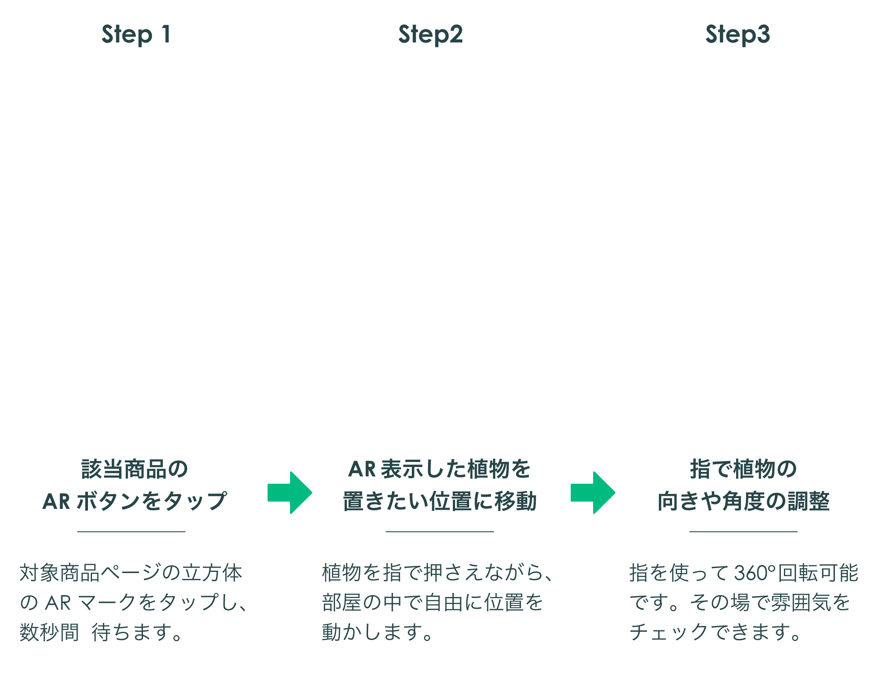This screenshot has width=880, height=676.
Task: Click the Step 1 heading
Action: click(x=136, y=35)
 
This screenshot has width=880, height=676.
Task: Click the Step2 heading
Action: click(x=430, y=35)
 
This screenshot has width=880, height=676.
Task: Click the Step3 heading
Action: click(x=737, y=35)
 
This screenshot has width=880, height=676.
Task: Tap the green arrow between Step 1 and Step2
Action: click(x=290, y=493)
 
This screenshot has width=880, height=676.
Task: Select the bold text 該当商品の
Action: click(x=134, y=469)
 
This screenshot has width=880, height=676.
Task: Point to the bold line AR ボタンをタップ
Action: click(x=134, y=501)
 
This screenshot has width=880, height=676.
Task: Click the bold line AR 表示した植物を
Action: click(x=439, y=469)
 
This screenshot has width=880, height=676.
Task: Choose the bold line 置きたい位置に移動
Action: click(x=439, y=501)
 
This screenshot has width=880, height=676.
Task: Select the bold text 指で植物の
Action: click(x=743, y=469)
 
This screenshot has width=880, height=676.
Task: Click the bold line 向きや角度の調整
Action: click(x=743, y=501)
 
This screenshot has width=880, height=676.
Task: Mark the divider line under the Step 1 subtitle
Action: click(x=131, y=531)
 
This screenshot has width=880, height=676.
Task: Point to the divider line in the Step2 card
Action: click(x=439, y=531)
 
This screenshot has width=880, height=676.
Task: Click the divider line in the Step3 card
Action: click(x=743, y=531)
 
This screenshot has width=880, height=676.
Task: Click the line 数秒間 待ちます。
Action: click(x=101, y=632)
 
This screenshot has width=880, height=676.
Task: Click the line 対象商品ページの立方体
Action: click(x=131, y=573)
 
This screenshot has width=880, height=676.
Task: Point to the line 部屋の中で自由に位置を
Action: click(x=433, y=602)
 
